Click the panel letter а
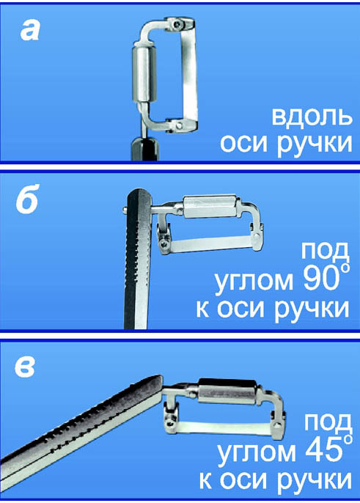30,32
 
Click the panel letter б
28,199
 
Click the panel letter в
25,367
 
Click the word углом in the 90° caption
254,282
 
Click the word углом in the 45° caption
257,453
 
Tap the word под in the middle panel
325,251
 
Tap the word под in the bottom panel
328,422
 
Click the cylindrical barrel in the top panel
144,75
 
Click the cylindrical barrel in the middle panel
211,208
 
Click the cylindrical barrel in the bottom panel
228,391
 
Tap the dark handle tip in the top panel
145,149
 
